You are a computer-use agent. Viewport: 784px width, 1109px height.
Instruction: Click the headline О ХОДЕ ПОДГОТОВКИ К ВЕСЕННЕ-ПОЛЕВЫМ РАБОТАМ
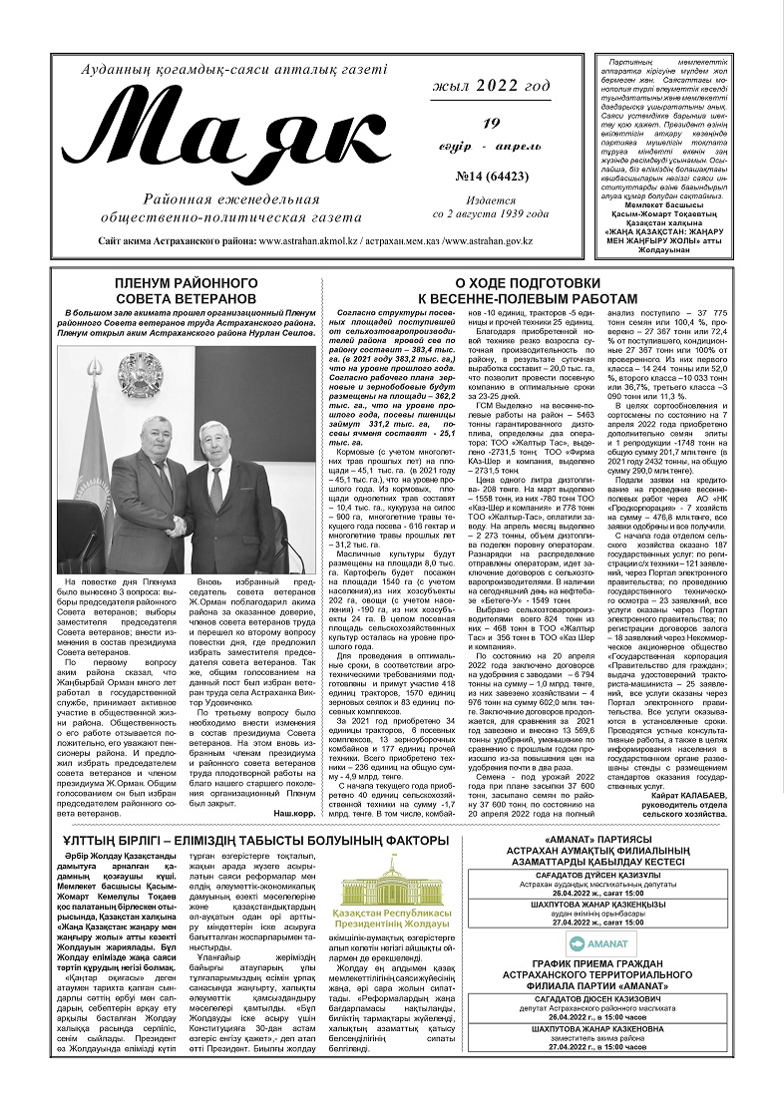point(526,291)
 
